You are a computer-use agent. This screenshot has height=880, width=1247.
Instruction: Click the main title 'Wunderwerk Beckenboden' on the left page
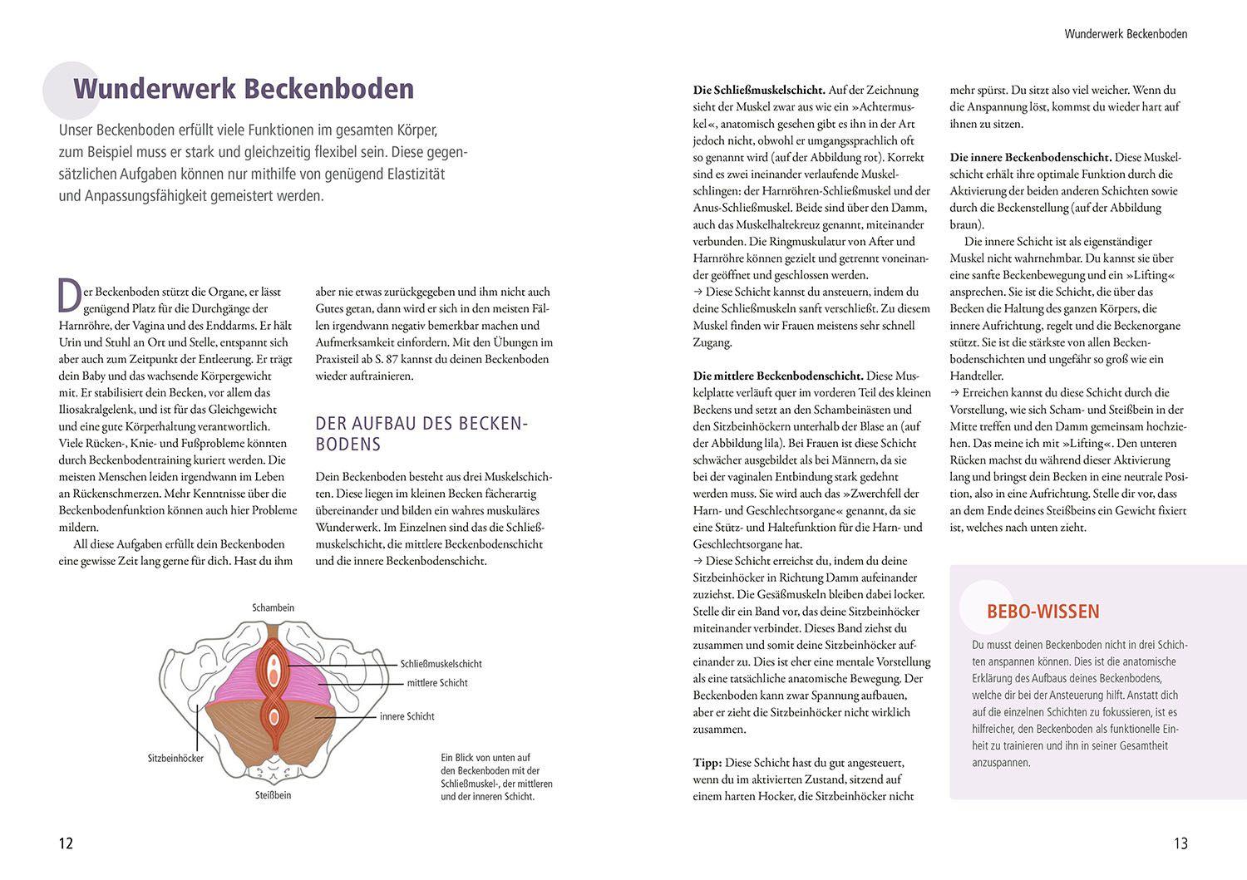244,89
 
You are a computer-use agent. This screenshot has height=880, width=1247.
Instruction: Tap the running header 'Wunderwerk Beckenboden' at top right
1126,34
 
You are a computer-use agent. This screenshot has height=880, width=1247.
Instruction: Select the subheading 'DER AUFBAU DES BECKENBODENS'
421,433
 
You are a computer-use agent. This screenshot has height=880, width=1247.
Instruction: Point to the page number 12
66,843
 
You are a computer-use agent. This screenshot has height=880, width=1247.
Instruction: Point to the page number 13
1180,843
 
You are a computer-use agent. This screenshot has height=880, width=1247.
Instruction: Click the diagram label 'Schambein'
273,607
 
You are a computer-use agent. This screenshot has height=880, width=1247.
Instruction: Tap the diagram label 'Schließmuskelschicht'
441,664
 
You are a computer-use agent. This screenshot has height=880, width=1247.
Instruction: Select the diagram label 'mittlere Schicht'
437,683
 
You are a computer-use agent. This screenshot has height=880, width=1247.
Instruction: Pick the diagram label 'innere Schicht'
407,716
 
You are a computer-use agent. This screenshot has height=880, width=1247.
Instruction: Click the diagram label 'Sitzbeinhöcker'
175,759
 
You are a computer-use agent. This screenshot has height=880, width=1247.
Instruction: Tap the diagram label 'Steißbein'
273,795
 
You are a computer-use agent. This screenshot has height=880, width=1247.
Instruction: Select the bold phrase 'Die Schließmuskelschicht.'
759,90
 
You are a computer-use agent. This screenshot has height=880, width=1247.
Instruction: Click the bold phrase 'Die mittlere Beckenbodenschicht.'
778,376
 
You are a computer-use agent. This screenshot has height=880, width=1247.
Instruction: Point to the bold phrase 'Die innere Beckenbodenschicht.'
1031,157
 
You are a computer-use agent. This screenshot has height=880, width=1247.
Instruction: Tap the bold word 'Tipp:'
707,763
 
